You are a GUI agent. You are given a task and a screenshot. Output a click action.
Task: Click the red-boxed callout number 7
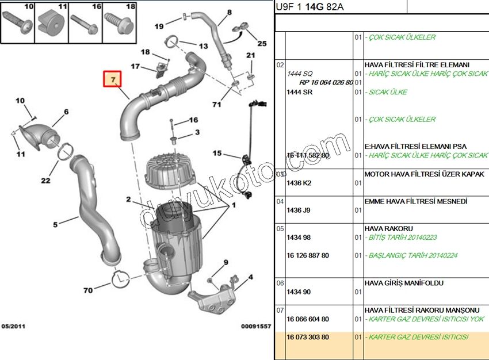tap(113, 79)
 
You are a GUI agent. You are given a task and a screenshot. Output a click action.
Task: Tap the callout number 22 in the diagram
tap(45, 181)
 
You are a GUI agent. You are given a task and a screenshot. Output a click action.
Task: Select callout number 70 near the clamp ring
tap(87, 290)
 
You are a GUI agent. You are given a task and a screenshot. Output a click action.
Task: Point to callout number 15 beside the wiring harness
tap(217, 153)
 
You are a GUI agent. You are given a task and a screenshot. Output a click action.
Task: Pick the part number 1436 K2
tap(299, 183)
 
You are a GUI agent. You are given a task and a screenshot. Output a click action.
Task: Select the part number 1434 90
tap(299, 292)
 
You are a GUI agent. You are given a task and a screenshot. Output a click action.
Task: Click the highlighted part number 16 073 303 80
tap(308, 337)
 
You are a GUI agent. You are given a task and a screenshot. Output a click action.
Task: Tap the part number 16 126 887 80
tap(308, 255)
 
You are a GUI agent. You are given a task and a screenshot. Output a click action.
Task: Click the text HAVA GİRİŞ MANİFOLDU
tap(404, 283)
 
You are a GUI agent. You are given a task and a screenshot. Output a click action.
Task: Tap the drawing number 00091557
tap(255, 327)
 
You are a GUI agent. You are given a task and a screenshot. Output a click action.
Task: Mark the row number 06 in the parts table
tap(280, 284)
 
